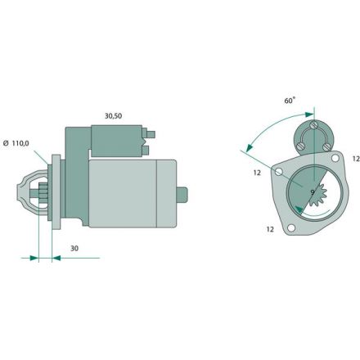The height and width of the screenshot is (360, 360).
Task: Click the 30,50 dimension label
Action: [x=113, y=116]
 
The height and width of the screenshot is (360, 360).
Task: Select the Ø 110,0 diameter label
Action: [x=16, y=143]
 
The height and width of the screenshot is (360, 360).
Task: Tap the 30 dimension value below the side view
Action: [x=74, y=248]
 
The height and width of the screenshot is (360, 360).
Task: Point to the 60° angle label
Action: [x=290, y=101]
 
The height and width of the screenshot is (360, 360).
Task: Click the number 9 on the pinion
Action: [x=313, y=192]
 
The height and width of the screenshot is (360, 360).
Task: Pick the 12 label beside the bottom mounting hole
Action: [x=270, y=229]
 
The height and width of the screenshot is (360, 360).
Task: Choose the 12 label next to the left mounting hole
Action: [x=257, y=173]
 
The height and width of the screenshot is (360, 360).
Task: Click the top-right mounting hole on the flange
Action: [x=335, y=158]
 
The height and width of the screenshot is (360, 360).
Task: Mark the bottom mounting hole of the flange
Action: [x=291, y=227]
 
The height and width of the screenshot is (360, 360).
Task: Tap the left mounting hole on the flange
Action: [x=278, y=172]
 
